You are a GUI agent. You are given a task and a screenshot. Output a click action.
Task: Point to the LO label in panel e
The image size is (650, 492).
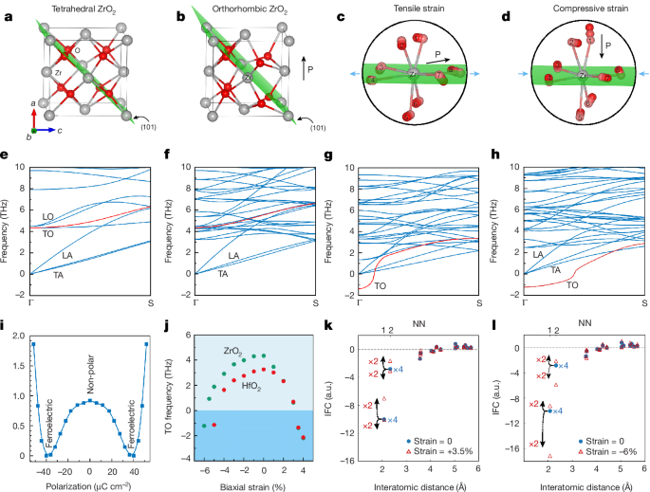(x=47, y=216)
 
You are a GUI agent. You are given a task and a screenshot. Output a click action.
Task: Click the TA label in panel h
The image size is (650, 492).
(x=556, y=268)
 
